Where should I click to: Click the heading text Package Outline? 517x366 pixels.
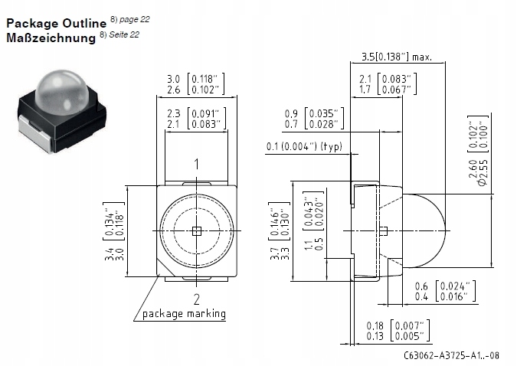point(56,23)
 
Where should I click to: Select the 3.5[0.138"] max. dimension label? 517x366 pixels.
point(396,56)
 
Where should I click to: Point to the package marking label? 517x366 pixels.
point(184,314)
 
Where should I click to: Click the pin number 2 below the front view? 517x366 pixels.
point(196,299)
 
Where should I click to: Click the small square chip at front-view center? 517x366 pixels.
point(196,230)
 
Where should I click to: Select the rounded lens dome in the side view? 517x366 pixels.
point(425,230)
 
